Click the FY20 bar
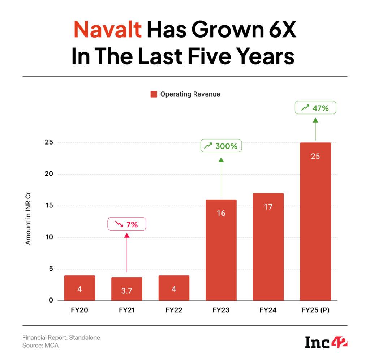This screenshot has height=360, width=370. pos(79,288)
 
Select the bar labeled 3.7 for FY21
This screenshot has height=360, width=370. pos(126,289)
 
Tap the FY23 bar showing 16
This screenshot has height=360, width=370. pos(221,250)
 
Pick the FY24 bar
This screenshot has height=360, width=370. pos(268,247)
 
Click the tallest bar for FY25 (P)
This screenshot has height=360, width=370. pos(315,221)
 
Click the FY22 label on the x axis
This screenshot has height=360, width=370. pos(174,310)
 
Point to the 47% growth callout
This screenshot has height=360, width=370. pos(315,108)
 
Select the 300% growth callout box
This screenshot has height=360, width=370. pos(221,146)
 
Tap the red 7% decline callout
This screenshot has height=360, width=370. pos(126,224)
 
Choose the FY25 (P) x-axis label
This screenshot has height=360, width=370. pos(315,310)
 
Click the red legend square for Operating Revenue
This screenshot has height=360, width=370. pos(154,94)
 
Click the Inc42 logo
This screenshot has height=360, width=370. pos(326,342)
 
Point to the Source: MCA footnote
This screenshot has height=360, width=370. pos(40,346)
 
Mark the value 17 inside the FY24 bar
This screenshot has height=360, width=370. pos(268,207)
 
